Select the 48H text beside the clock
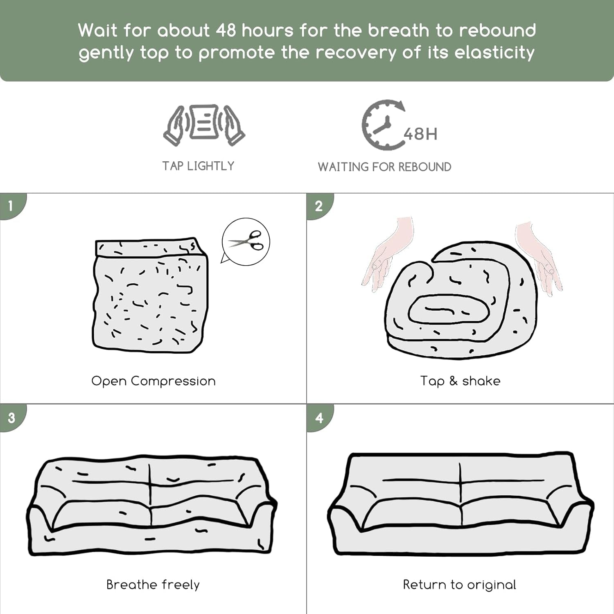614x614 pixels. pyautogui.click(x=420, y=134)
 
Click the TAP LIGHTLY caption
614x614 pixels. pyautogui.click(x=198, y=166)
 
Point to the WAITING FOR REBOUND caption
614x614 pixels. pyautogui.click(x=384, y=167)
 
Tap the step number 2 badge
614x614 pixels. pyautogui.click(x=319, y=206)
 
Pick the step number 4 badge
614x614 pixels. pyautogui.click(x=319, y=418)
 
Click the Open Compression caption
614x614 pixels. pyautogui.click(x=153, y=381)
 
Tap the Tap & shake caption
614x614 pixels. pyautogui.click(x=460, y=381)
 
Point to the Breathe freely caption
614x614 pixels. pyautogui.click(x=153, y=585)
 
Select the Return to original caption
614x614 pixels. pyautogui.click(x=459, y=585)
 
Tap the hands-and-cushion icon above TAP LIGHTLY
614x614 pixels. pyautogui.click(x=204, y=125)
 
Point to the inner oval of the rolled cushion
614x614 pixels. pyautogui.click(x=449, y=309)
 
